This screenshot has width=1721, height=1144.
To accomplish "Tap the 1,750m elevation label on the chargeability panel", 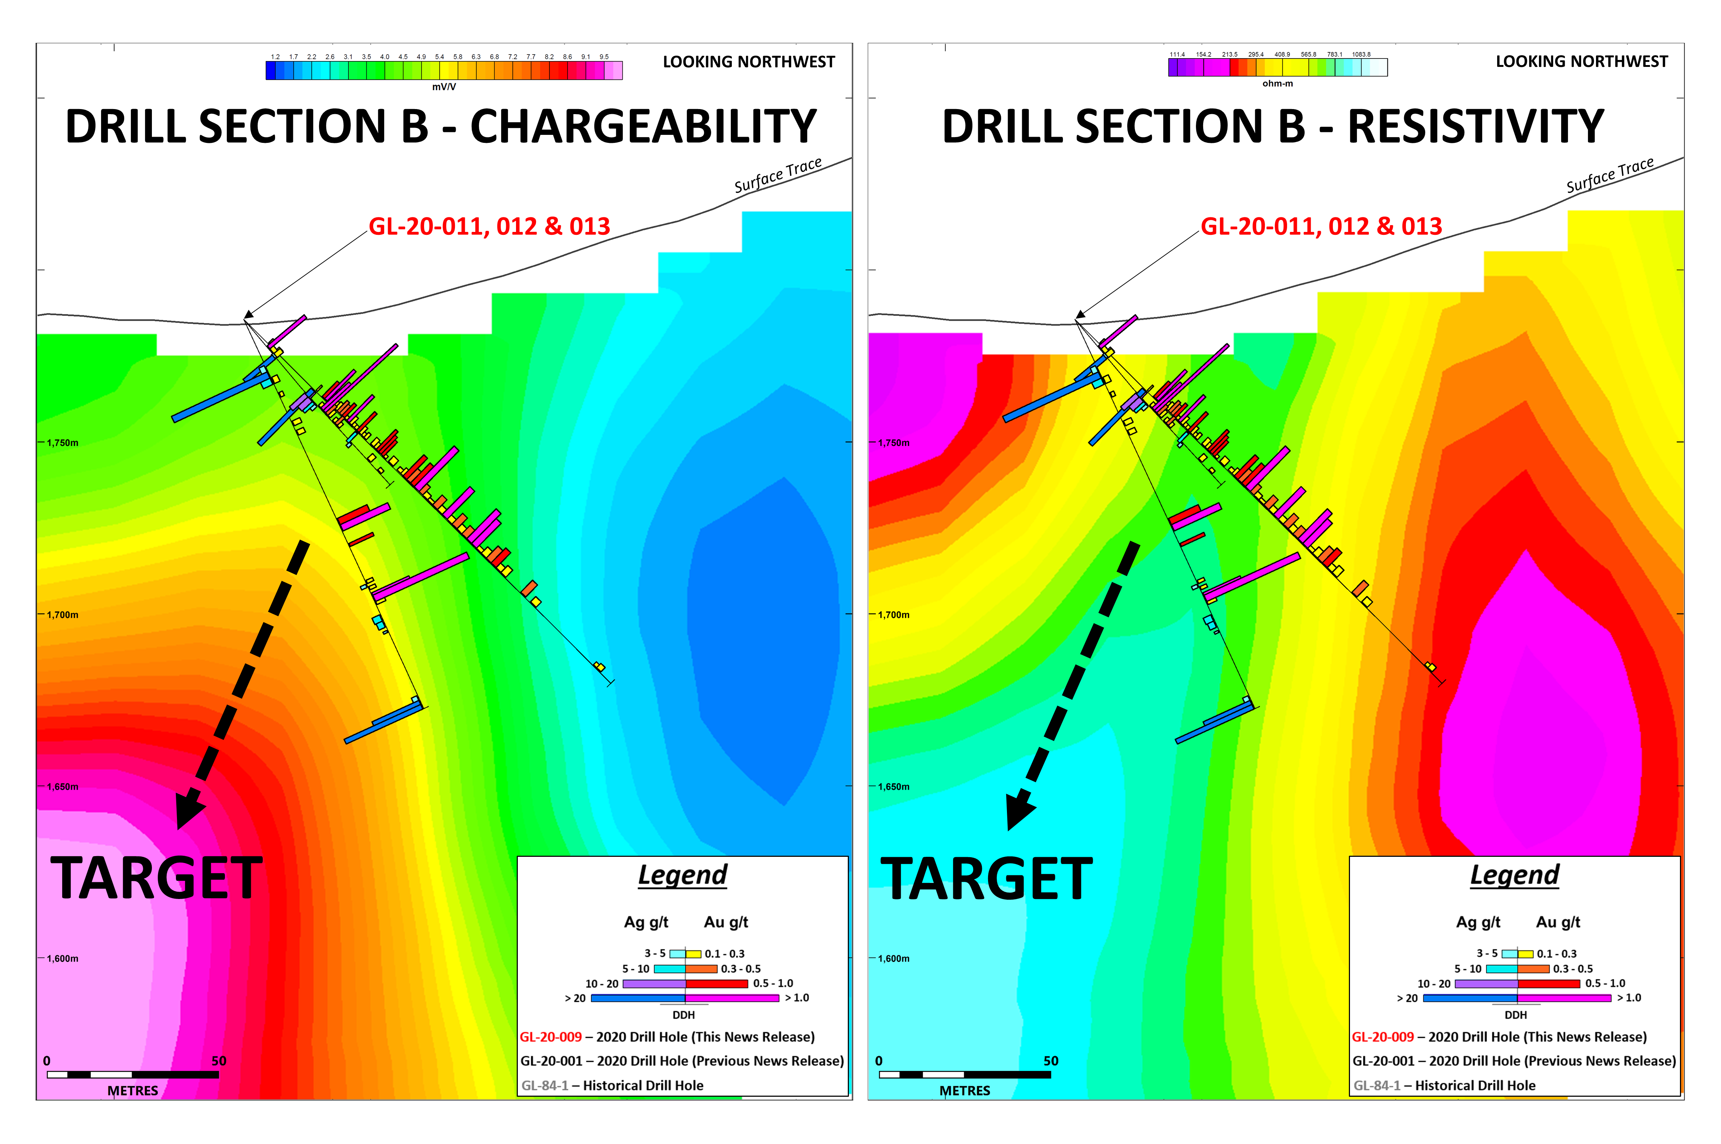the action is pos(63,443).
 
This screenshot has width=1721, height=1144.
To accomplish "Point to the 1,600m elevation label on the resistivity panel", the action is pos(894,959).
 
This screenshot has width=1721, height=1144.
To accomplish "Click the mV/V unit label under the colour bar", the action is pos(444,87).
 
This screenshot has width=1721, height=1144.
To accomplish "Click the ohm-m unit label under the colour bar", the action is pos(1278,84).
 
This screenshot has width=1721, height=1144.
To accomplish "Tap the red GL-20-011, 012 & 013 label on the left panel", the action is pos(489,226).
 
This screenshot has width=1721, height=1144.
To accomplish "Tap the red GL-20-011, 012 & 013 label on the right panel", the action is pos(1321,226).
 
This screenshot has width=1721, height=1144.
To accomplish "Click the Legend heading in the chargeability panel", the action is pos(682,875).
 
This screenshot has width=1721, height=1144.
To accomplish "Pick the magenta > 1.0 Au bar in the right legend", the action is pos(1564,998).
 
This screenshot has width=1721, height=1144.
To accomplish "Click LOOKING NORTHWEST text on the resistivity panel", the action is pos(1582,62).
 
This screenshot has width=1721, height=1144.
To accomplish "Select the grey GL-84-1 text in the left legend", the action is pos(545,1085).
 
